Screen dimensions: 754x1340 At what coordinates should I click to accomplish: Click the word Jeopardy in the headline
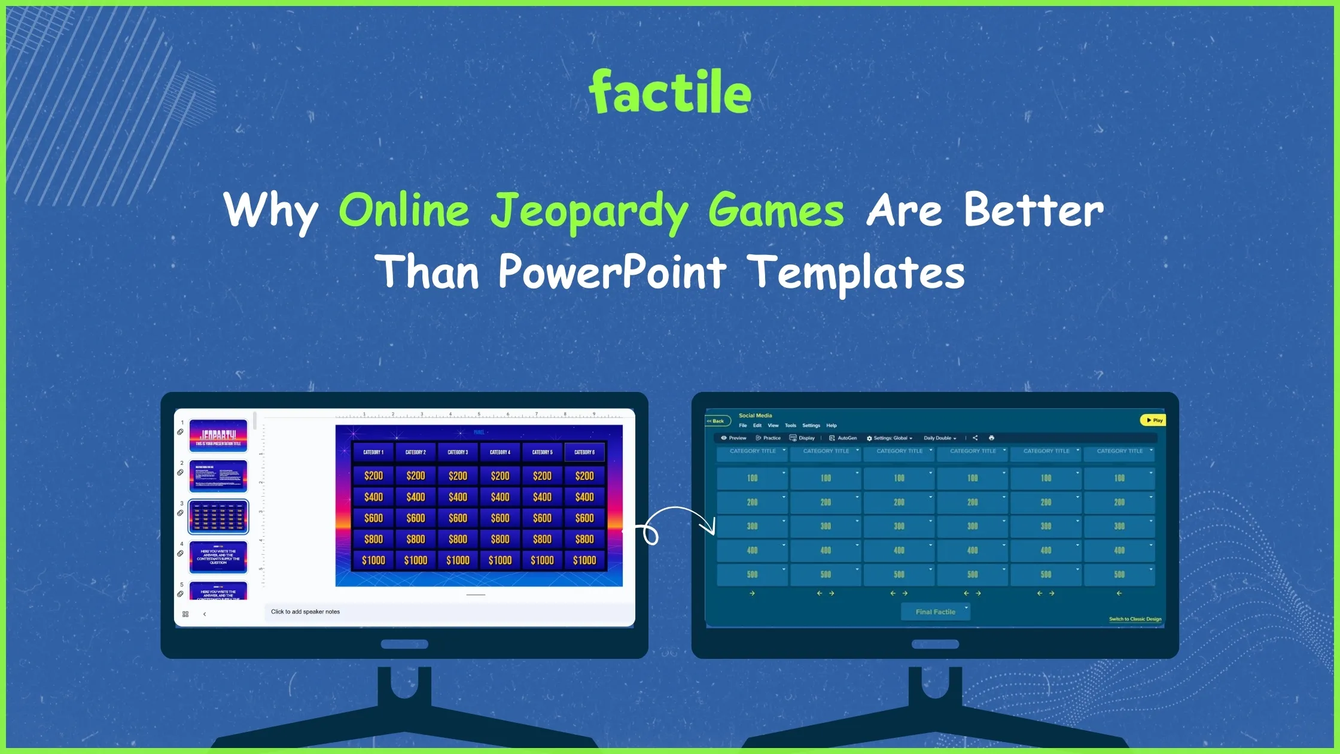pos(590,211)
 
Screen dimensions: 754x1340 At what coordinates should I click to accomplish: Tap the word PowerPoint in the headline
pos(613,272)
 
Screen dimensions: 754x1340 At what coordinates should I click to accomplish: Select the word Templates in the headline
pos(856,272)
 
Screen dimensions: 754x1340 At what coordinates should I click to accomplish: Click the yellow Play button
pos(1153,420)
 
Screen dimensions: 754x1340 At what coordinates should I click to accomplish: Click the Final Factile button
pos(935,612)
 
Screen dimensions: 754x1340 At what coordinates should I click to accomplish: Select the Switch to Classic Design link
pos(1135,619)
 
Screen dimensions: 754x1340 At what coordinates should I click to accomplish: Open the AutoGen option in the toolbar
pos(843,438)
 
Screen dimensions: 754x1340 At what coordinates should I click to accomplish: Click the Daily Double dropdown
pos(940,438)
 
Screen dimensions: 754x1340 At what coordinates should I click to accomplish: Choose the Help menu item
pos(832,425)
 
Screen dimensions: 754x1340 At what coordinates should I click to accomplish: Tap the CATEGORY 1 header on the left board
pos(373,452)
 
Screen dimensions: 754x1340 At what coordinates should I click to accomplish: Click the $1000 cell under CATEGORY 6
pos(584,561)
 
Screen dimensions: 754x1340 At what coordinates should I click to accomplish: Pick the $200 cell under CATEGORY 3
pos(458,476)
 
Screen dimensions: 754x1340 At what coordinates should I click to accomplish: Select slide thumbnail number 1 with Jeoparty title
pos(218,436)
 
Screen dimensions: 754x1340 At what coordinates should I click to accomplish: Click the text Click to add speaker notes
pos(305,612)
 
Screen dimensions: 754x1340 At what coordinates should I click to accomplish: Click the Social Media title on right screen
pos(755,415)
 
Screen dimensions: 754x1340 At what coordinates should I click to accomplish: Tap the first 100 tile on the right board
pos(752,478)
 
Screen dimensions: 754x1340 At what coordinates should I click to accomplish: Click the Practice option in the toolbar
pos(769,438)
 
